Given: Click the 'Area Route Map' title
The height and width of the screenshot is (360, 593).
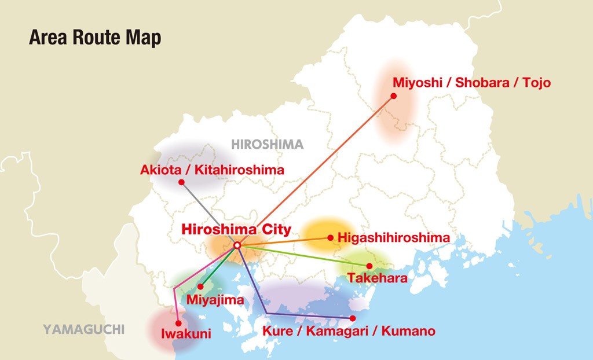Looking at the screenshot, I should coord(95,38).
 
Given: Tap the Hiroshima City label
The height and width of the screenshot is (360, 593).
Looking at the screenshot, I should coord(236,229).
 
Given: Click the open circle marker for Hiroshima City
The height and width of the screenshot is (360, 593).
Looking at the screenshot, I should coord(237,246).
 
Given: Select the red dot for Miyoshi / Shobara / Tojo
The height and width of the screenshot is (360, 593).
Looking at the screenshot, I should coord(394,96).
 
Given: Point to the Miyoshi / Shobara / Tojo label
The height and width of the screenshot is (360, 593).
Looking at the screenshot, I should coord(471,83).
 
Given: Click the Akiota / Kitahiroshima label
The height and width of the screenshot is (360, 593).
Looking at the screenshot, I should coord(212,170).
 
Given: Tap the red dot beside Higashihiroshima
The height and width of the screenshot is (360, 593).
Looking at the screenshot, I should coord(330,237).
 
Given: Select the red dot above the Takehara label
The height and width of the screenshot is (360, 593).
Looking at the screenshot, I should coord(369,266).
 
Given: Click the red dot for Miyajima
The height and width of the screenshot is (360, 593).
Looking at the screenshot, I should coord(200,286).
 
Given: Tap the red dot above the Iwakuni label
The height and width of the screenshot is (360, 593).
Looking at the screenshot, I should coord(178,324).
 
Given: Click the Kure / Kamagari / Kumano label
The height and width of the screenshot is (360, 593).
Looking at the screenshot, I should coord(349,332).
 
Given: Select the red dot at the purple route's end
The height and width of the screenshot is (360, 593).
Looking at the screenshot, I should coord(353,318).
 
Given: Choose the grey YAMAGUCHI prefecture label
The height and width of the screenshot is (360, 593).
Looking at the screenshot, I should coord(83,330).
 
